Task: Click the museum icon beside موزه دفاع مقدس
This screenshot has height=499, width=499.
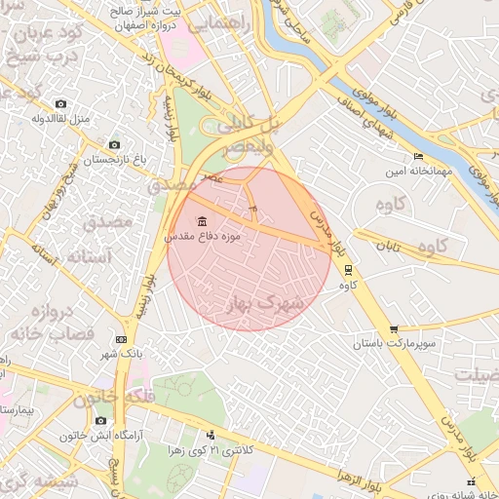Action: (201, 220)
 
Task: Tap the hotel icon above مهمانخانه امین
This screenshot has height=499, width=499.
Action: (418, 157)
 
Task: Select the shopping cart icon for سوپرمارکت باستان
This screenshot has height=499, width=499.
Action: (393, 329)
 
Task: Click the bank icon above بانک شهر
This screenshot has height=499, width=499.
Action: (121, 339)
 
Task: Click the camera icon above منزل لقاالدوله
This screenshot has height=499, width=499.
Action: (61, 104)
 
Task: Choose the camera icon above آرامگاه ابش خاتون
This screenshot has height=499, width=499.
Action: (100, 420)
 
